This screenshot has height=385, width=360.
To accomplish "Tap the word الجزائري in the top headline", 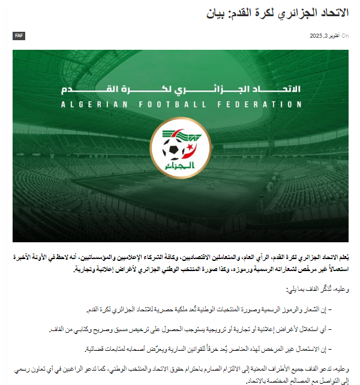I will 292,13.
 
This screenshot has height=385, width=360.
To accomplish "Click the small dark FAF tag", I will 19,36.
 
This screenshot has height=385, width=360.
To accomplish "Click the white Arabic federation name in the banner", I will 181,91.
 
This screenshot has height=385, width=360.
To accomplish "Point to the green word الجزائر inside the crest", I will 181,164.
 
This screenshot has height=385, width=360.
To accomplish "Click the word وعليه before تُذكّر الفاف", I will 339,290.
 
